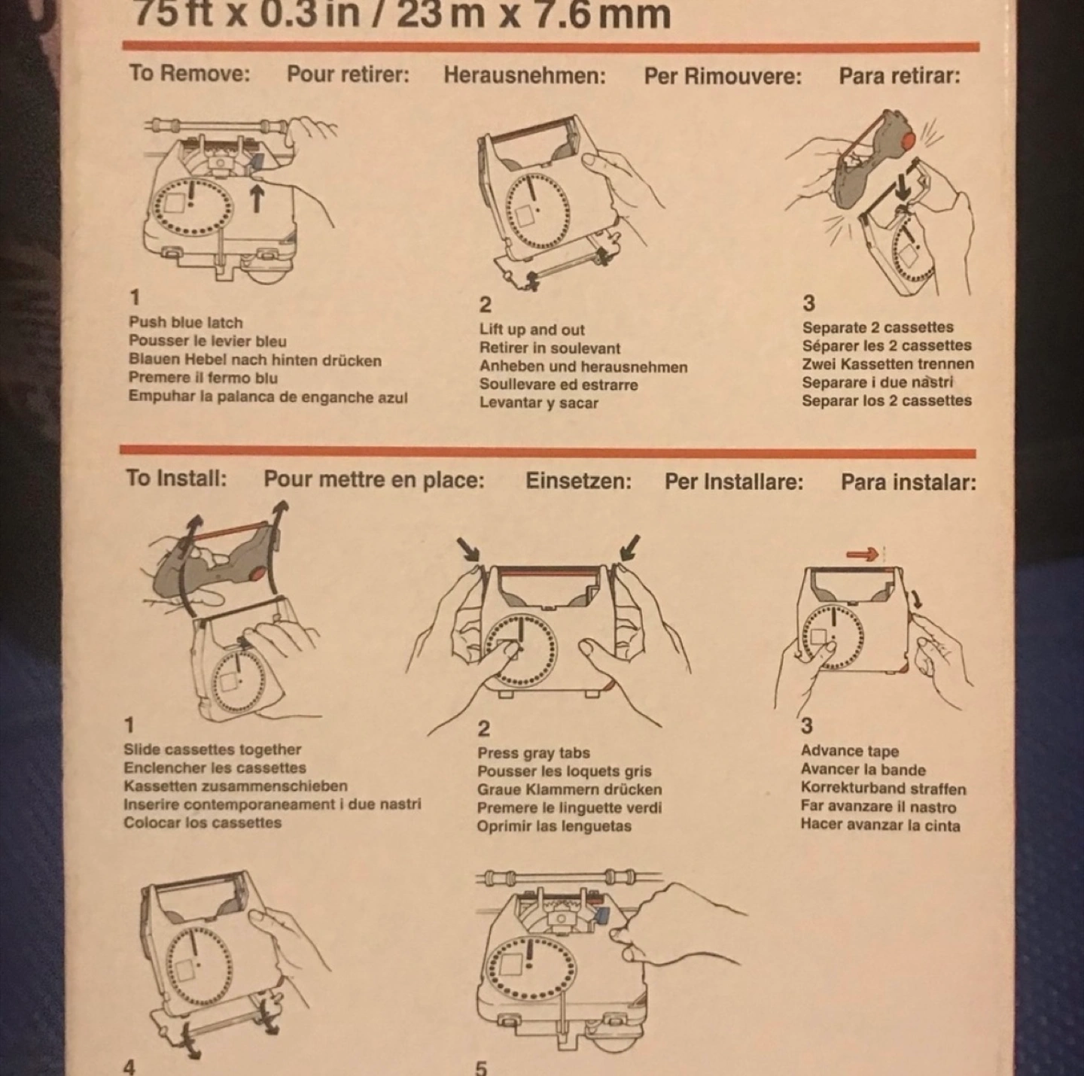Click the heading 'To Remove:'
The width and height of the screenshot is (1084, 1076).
(190, 73)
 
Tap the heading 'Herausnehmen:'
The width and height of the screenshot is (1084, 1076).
(525, 75)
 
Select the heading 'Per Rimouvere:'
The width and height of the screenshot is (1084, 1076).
(723, 76)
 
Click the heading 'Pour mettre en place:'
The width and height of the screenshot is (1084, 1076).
(374, 480)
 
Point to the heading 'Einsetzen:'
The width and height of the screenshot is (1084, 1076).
(578, 482)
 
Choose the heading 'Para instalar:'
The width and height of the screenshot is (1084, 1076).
(909, 482)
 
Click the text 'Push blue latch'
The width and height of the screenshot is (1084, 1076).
(186, 322)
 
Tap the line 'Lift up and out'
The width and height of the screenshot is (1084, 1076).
(531, 330)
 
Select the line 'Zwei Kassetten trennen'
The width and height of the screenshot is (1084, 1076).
(888, 364)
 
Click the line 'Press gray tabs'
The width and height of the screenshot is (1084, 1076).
(533, 753)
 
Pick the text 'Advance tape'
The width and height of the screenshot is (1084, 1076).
(849, 751)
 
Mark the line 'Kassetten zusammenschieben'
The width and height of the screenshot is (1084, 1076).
(236, 786)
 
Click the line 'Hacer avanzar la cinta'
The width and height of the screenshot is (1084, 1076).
(880, 825)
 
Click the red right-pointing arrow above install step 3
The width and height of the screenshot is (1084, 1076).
(863, 555)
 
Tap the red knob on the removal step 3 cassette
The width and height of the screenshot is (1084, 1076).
(906, 141)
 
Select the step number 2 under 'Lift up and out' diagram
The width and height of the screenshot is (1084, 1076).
(485, 304)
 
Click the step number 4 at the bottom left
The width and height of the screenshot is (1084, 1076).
(129, 1067)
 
